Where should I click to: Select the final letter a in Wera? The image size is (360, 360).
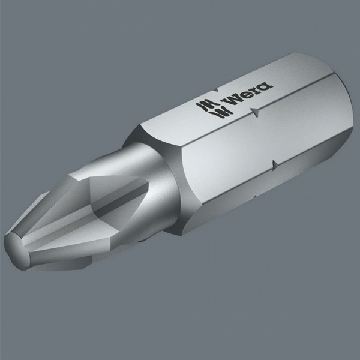pyautogui.click(x=266, y=86)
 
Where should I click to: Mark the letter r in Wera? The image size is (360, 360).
pyautogui.click(x=257, y=89)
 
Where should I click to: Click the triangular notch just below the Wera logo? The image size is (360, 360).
pyautogui.click(x=254, y=113)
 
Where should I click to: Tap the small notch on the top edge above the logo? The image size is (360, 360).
pyautogui.click(x=215, y=90)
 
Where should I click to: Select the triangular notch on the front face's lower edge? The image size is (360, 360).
pyautogui.click(x=275, y=166)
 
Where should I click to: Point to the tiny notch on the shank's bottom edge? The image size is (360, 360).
pyautogui.click(x=255, y=197)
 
